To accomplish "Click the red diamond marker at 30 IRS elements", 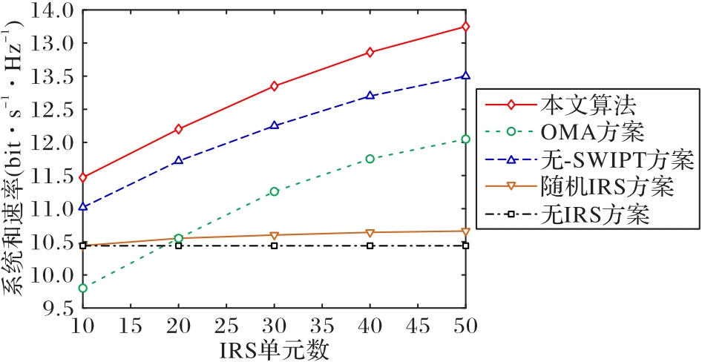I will click(274, 86).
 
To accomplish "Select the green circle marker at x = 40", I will click(370, 159).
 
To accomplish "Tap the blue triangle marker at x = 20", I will click(178, 160).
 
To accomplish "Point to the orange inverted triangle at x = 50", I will click(465, 231).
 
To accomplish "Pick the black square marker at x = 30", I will click(274, 245).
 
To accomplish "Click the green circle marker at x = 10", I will click(82, 288).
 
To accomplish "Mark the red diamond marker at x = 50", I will click(465, 27).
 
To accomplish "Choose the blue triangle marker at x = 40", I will click(370, 96).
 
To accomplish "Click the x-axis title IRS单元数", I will click(274, 349).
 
